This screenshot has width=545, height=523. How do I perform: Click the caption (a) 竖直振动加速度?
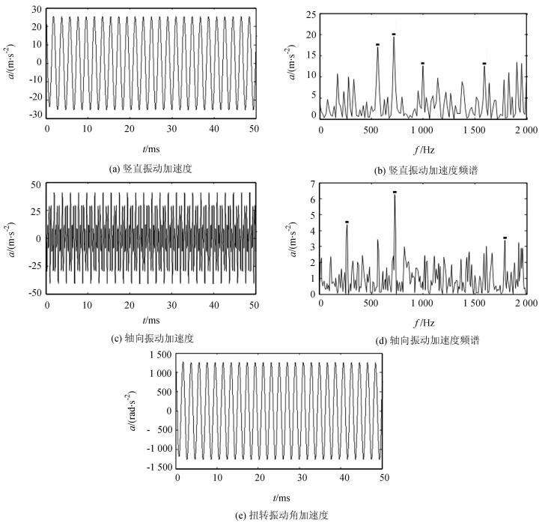click(151, 169)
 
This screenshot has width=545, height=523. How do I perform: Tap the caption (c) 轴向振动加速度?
click(151, 339)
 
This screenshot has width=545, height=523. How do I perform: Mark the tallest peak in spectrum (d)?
click(395, 196)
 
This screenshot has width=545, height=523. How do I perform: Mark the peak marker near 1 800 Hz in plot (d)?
click(505, 238)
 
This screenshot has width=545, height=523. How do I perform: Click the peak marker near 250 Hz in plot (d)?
click(347, 222)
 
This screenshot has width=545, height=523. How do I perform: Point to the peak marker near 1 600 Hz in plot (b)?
click(484, 64)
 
